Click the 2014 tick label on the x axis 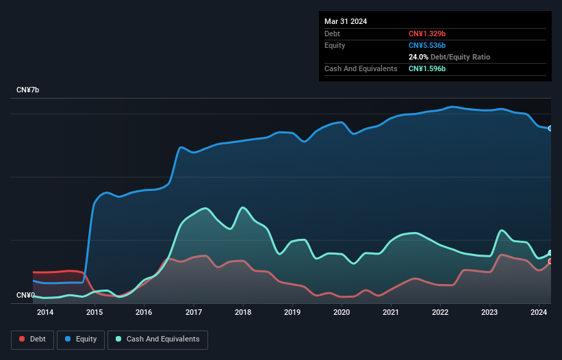45,313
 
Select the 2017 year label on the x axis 194,313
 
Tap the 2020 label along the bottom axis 342,313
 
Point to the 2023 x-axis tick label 489,313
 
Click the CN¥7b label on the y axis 28,90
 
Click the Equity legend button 81,339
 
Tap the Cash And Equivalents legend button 157,339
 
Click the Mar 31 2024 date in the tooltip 346,21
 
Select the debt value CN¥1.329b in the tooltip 427,34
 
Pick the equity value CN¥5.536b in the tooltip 427,45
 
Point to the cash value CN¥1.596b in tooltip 427,69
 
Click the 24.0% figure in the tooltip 419,57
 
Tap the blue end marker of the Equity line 550,129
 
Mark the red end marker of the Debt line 550,261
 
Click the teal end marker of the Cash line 550,253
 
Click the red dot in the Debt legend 23,339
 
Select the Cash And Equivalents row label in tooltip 361,69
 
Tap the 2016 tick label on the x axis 144,313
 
